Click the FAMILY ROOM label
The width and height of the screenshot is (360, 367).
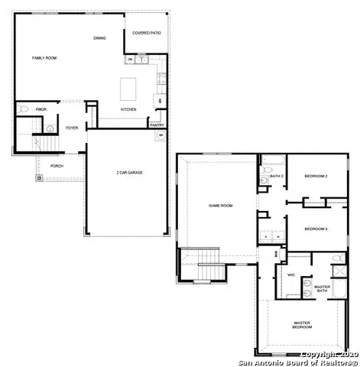coord(44,58)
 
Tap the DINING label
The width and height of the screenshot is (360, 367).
coord(99,38)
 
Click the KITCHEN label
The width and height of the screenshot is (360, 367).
coord(129,109)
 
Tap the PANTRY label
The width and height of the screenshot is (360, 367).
coord(157,125)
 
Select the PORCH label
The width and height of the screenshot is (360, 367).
coord(57,165)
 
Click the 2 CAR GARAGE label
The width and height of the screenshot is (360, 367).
coord(129,172)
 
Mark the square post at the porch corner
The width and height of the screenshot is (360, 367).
coord(37,179)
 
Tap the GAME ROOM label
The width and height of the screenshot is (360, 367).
coord(221,205)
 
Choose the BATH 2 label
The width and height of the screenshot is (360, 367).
coord(277,177)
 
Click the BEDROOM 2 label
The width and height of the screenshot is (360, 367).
coord(316,177)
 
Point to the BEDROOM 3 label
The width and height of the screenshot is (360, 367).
coord(316,229)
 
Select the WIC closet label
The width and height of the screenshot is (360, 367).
coord(291,274)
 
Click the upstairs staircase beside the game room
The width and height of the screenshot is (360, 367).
coord(206,271)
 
